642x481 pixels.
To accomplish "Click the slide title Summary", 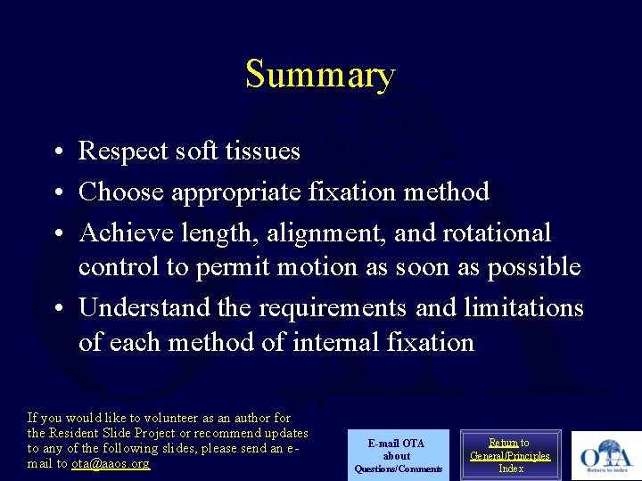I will click(320, 75).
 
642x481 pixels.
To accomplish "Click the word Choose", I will click(121, 192).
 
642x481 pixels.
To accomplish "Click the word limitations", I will click(523, 308).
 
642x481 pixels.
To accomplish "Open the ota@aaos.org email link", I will click(111, 464).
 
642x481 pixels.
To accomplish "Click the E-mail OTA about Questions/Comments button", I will click(398, 455).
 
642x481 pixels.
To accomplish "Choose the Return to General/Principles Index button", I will click(511, 455).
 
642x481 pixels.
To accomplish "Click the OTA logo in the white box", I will click(605, 456).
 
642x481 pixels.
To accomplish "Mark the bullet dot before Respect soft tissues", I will click(55, 152).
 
